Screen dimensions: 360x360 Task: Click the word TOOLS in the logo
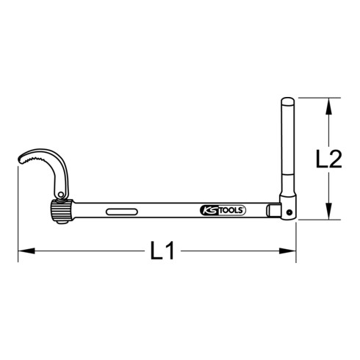click(230, 210)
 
